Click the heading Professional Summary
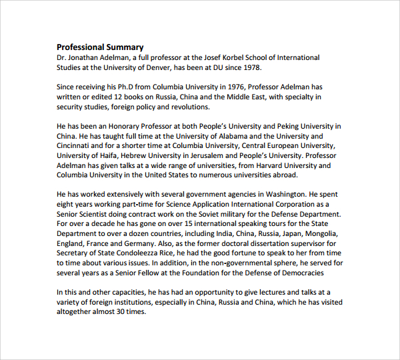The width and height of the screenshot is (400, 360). click(x=100, y=47)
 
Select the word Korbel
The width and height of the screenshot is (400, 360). click(x=219, y=57)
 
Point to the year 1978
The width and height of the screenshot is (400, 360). click(x=252, y=67)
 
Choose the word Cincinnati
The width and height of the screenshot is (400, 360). click(x=77, y=145)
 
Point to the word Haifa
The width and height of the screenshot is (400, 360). click(x=105, y=155)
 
